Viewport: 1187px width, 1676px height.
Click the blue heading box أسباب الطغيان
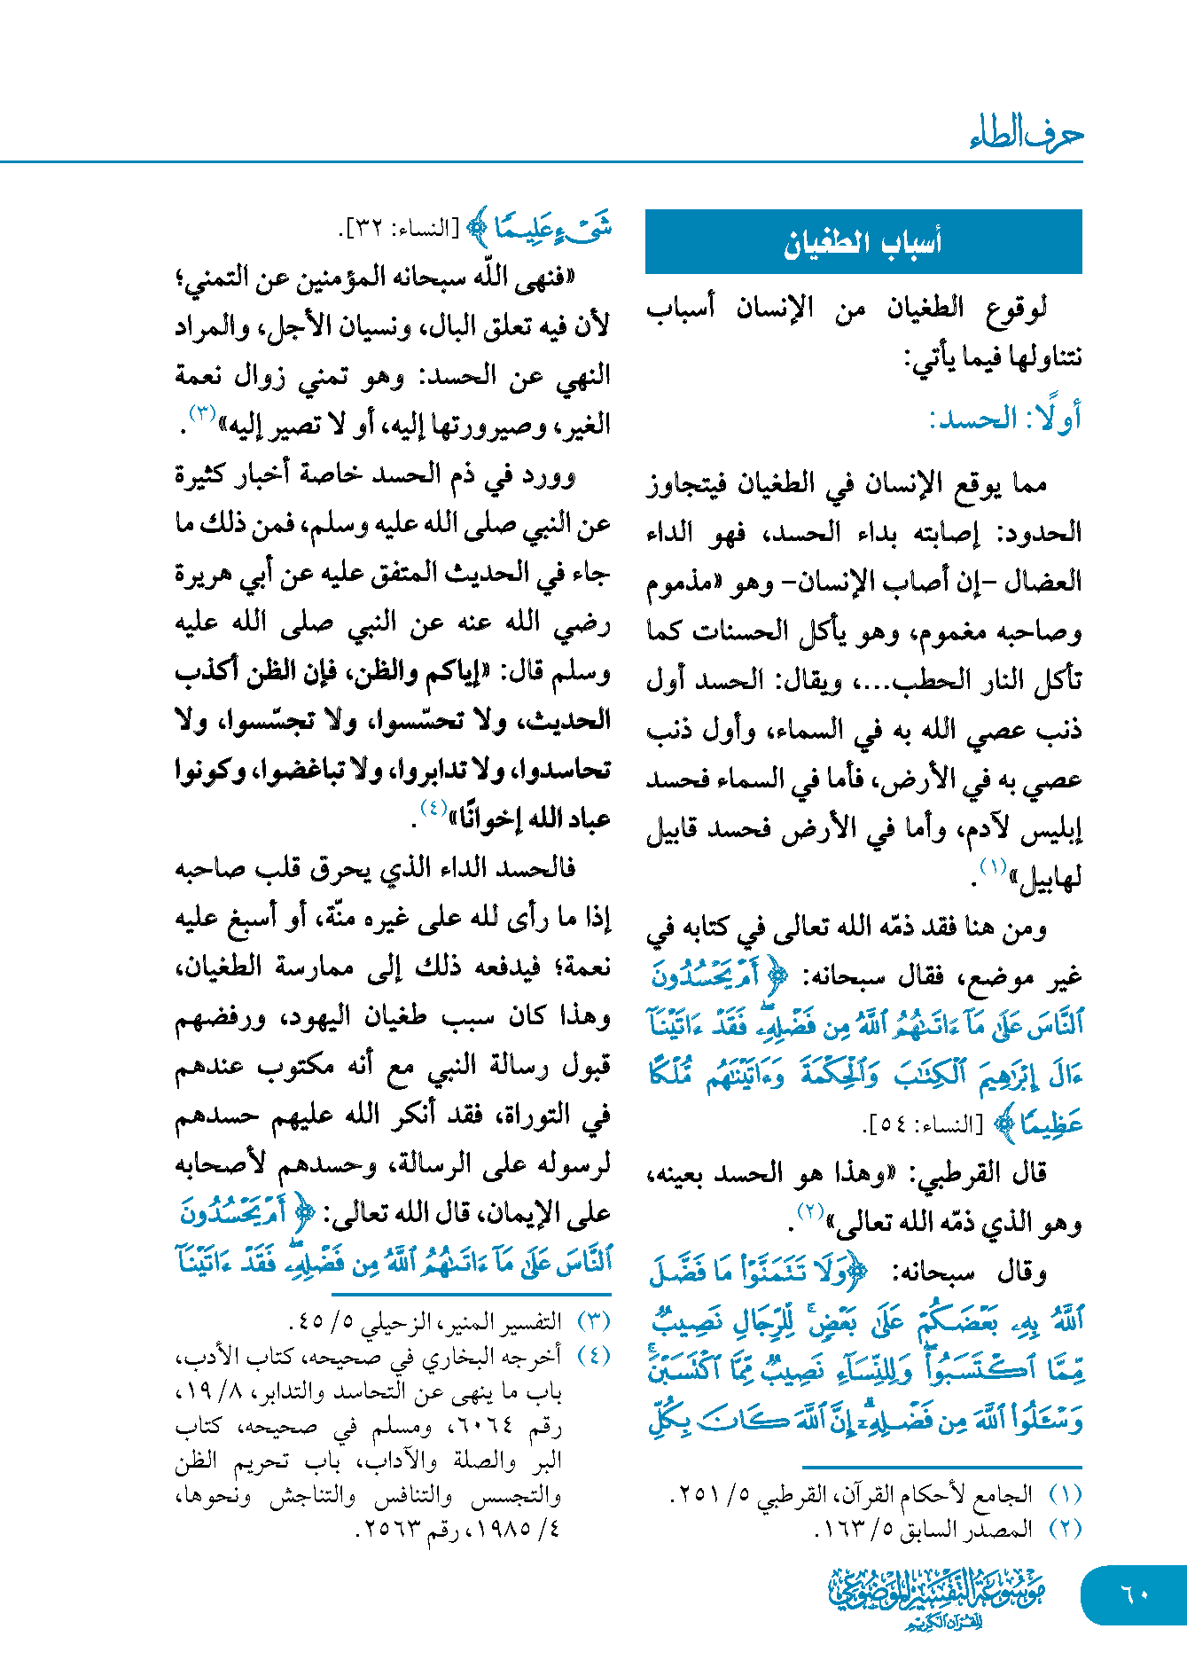863,241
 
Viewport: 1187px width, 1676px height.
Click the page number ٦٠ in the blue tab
1135,1594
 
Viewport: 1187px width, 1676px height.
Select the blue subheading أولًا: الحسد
1004,419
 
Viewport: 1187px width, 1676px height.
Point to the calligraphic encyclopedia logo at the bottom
936,1597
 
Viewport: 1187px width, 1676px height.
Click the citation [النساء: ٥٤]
923,1125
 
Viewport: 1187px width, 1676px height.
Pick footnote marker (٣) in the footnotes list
594,1322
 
